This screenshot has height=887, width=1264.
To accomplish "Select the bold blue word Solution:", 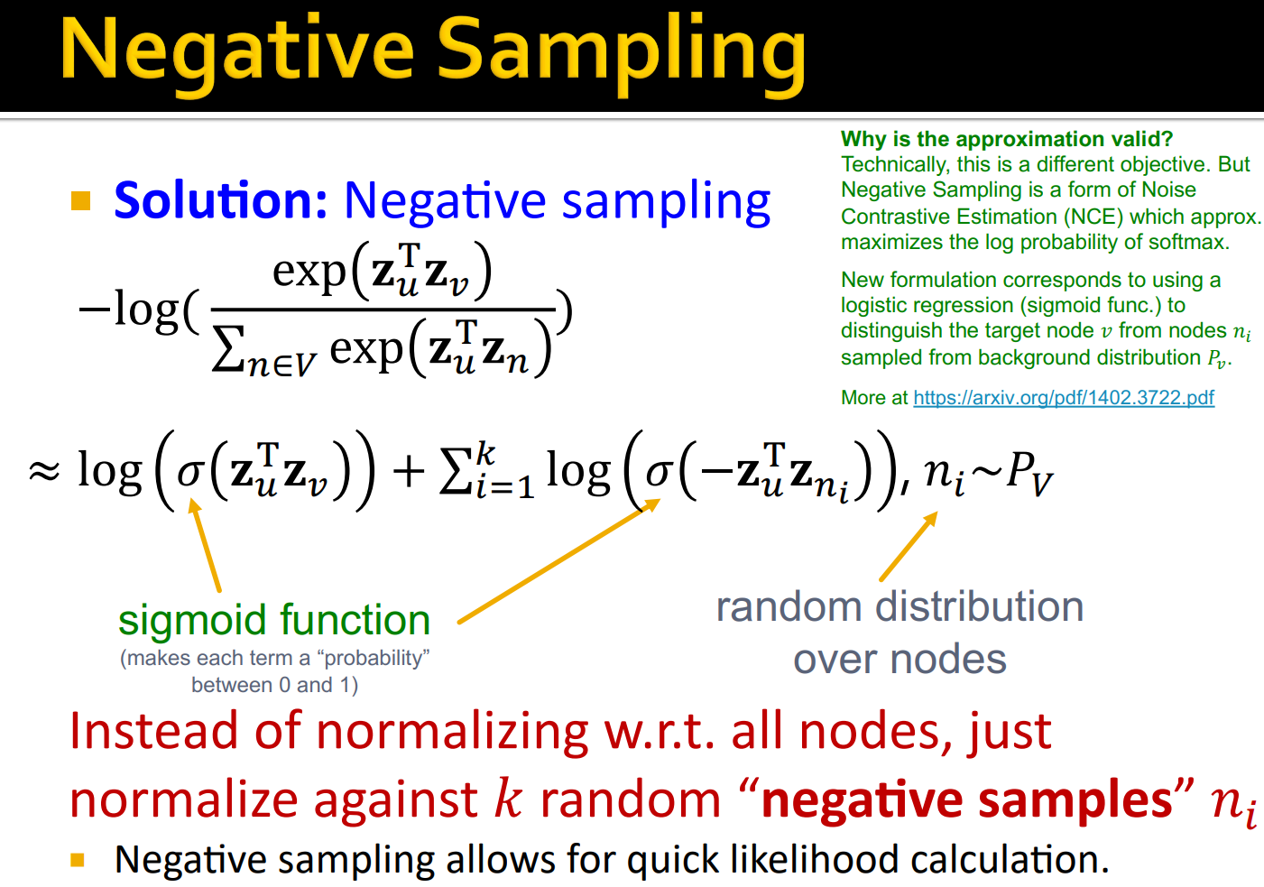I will pos(221,200).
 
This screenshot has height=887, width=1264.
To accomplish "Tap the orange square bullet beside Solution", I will pos(81,200).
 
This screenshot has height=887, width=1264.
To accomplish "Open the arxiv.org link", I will pos(1064,398).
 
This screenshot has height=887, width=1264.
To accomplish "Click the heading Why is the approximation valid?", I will pos(1007,139).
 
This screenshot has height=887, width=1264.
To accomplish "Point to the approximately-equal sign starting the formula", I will pos(44,471).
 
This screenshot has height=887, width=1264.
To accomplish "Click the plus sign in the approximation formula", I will pos(409,471).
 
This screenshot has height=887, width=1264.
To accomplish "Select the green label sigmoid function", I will pos(274,621).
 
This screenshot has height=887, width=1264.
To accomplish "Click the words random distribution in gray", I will pos(900,607).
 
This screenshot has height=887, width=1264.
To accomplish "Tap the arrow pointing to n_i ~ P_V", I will pos(909,546).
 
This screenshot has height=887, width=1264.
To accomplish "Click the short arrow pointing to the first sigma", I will pos(205,546).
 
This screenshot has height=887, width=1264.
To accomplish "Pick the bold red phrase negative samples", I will pos(966,800).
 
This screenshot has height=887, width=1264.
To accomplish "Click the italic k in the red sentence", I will pos(509,799).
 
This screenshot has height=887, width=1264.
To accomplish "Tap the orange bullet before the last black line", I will pos(78,860).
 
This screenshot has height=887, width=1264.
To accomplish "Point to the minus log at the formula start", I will pos(135,310).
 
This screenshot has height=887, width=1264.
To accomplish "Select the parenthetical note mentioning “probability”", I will pos(274,671).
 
